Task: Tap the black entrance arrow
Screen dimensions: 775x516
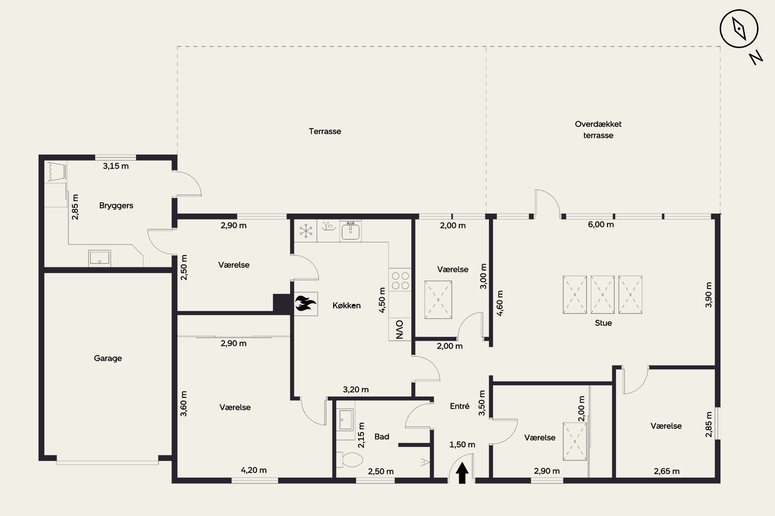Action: [x=462, y=473]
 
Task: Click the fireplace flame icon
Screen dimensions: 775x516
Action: [x=305, y=303]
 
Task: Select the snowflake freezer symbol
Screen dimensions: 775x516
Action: [x=306, y=231]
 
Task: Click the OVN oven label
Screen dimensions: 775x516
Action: [x=399, y=329]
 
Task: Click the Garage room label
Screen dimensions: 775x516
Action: [x=108, y=358]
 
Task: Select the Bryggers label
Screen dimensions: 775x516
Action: [x=116, y=206]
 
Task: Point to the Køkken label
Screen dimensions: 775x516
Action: [x=346, y=306]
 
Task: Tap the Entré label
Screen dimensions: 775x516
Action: [x=460, y=406]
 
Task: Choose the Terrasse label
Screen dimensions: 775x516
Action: [x=325, y=131]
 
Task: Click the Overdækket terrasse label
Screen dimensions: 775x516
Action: [x=598, y=130]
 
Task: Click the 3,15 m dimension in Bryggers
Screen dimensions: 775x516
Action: [x=116, y=166]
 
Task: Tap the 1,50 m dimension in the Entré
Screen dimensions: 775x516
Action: [x=462, y=445]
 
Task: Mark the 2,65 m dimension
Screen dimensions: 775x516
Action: [x=667, y=471]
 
